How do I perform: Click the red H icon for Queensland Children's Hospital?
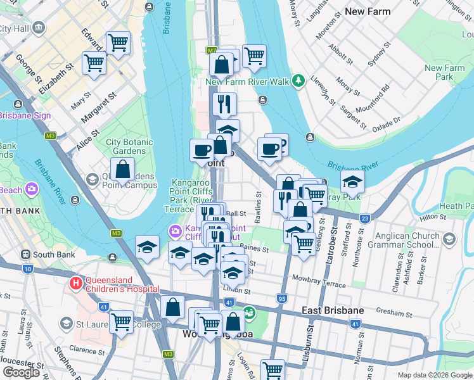pos(77,283)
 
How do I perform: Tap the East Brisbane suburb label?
pos(333,310)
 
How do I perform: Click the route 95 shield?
pos(281,298)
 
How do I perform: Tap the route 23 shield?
pos(364,218)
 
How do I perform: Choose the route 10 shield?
pos(27,269)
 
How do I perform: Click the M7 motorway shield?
pos(212,50)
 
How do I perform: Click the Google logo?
pos(21,372)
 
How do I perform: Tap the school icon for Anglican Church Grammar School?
pos(449,239)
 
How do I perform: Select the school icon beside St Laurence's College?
pos(66,324)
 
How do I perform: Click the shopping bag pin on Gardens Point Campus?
pos(123,169)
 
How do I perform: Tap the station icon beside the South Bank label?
pos(25,255)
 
